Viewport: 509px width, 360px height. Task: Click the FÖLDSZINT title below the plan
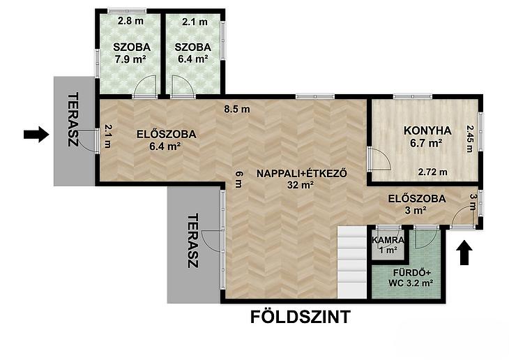(301, 317)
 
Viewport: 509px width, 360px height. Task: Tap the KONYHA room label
(427, 130)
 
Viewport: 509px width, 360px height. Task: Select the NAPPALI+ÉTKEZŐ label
(302, 174)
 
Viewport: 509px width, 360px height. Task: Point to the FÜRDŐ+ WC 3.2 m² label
(411, 278)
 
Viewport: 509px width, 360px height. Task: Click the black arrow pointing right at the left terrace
(36, 134)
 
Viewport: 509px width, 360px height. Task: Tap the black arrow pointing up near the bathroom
(464, 253)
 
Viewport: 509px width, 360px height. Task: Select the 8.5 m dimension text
(237, 109)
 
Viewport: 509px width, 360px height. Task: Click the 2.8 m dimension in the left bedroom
(130, 22)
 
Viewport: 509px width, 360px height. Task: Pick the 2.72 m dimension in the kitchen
(432, 172)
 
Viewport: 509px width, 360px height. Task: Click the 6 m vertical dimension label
(238, 179)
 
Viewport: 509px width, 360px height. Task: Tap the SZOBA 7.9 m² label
(132, 53)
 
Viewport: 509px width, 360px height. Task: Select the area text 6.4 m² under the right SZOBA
(193, 59)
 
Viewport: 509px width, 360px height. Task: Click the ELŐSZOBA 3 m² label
(417, 204)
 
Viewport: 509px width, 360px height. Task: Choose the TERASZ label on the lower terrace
(193, 241)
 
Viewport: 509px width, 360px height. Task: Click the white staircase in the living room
(352, 262)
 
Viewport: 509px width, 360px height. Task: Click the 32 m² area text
(301, 185)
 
